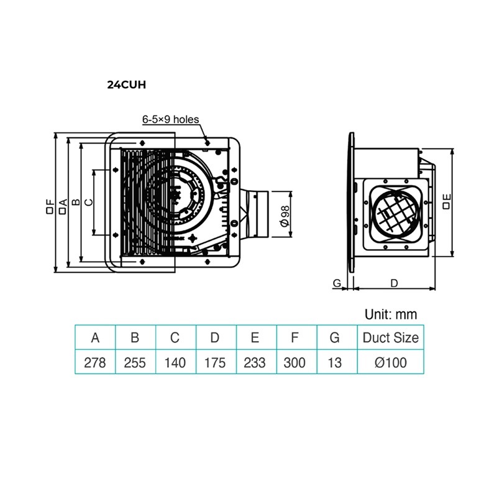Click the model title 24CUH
click(x=127, y=85)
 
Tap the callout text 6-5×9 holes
click(x=170, y=119)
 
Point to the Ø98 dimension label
click(x=285, y=216)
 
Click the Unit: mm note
click(x=391, y=314)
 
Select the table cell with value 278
click(x=95, y=363)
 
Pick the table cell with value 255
click(x=135, y=363)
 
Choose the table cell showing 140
click(x=175, y=363)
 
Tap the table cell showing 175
click(x=215, y=363)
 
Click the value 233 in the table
click(x=255, y=363)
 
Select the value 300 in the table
click(x=294, y=363)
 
